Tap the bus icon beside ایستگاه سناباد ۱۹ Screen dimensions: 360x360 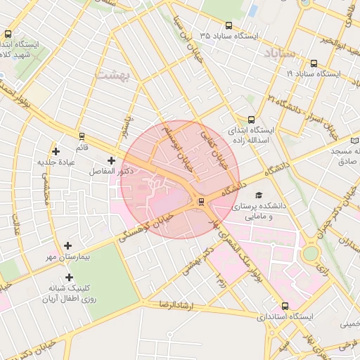[x=314, y=63]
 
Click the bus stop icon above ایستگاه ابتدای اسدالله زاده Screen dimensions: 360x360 [x=252, y=120]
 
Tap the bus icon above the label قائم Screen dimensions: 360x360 [x=82, y=137]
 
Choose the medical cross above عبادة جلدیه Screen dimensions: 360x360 [x=56, y=151]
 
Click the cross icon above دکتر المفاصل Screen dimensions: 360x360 [x=111, y=161]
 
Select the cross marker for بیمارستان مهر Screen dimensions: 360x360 [x=67, y=246]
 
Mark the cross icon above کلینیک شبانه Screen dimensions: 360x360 [x=69, y=278]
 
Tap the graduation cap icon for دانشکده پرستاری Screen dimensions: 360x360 [x=259, y=195]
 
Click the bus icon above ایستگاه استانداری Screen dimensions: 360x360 [x=285, y=307]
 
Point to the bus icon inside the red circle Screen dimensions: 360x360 [x=202, y=202]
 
